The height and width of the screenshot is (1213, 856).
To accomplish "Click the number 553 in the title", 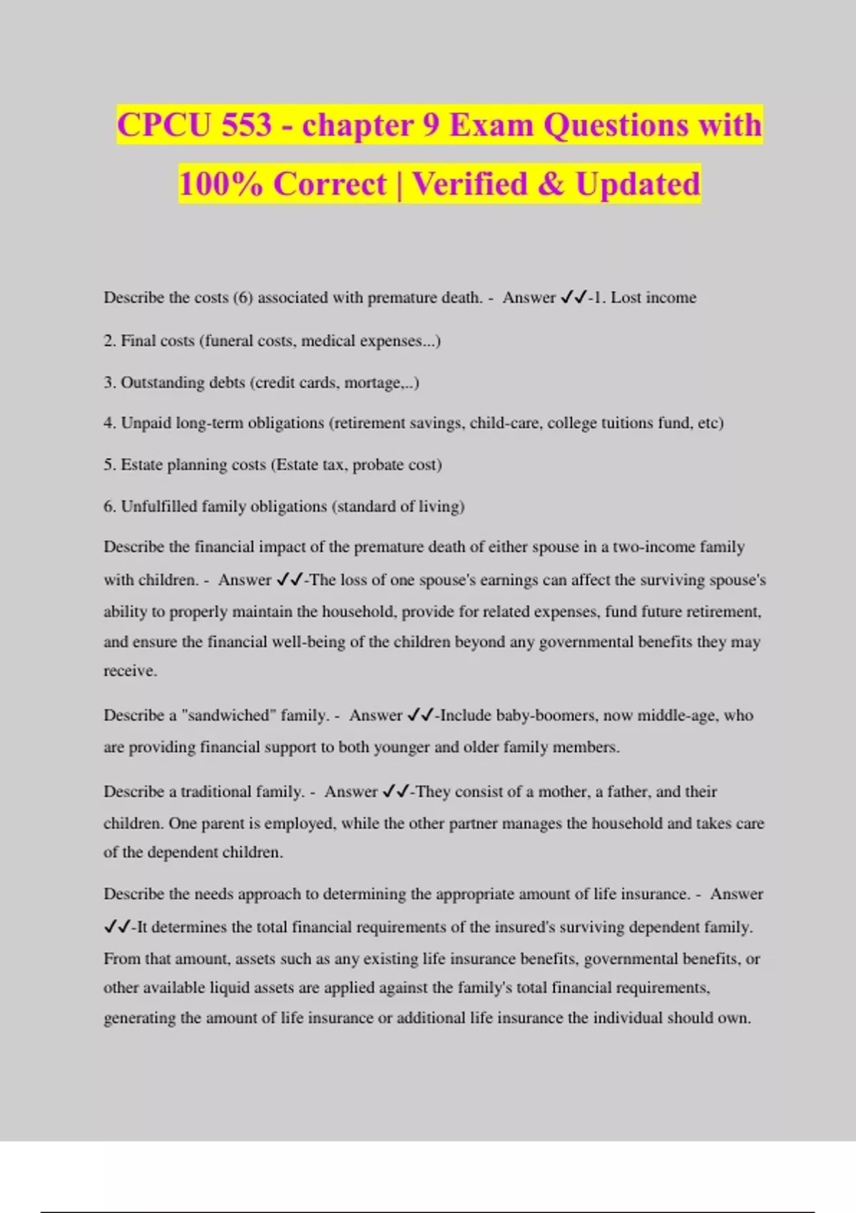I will coord(246,126).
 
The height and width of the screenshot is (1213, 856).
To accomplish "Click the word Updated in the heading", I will coord(638,184).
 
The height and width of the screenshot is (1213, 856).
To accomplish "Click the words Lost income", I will coord(653,298).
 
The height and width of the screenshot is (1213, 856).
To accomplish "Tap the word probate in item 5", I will coord(377,465).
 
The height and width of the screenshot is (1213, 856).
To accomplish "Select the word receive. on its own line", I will coord(130,671).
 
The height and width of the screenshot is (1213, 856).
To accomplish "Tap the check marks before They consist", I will coord(395,791).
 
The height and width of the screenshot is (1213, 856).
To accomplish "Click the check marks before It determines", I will coord(116,927).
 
